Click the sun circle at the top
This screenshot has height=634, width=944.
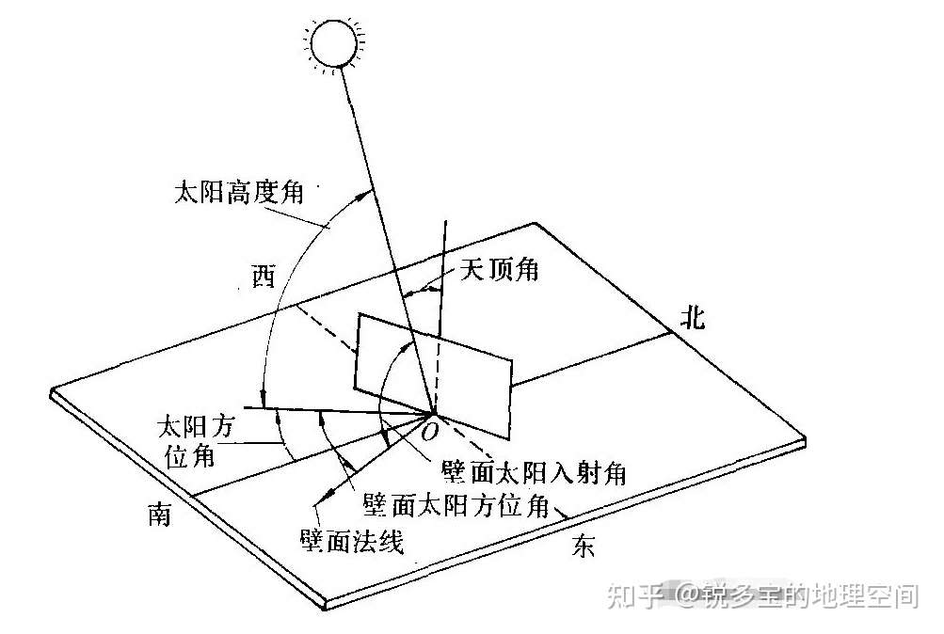[x=335, y=42]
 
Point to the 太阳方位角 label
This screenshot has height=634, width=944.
[x=199, y=441]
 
